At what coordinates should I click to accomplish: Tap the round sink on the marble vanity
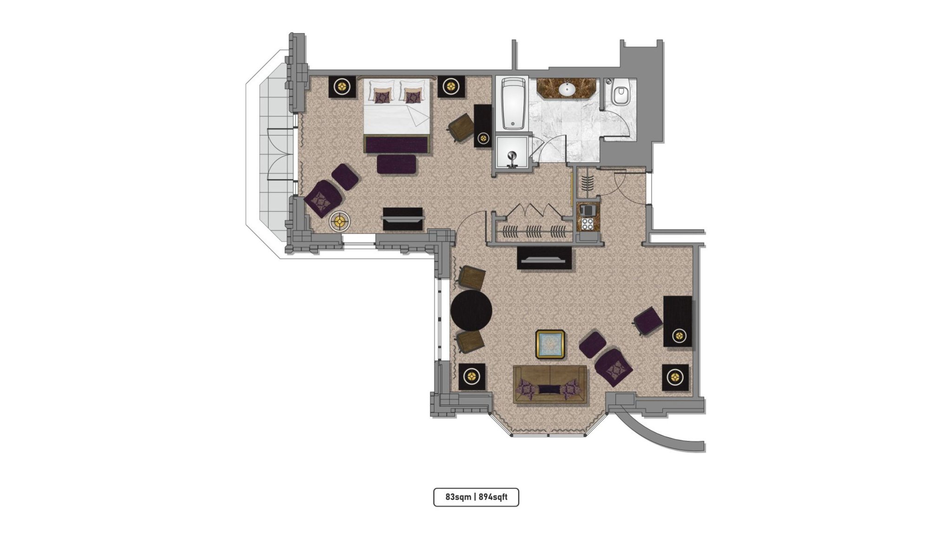click(567, 89)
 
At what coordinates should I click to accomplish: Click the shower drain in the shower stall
click(512, 156)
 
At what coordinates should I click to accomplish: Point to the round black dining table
click(471, 311)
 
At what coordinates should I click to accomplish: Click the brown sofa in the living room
click(550, 385)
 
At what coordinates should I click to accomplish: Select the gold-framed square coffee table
click(550, 344)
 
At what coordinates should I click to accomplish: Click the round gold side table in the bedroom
click(341, 222)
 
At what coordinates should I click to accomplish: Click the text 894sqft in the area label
click(493, 497)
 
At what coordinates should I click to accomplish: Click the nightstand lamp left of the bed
click(343, 86)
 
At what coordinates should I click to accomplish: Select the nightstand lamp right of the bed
click(451, 86)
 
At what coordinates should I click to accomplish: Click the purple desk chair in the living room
click(648, 320)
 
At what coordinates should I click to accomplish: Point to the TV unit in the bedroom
click(403, 219)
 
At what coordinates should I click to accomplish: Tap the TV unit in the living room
click(544, 258)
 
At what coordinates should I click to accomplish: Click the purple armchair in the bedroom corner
click(323, 198)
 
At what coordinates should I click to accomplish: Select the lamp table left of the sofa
click(472, 376)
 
